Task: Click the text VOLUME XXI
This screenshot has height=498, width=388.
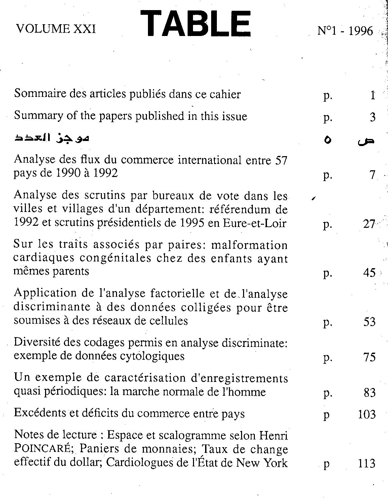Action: click(x=56, y=29)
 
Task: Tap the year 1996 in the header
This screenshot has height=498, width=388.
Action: click(x=360, y=31)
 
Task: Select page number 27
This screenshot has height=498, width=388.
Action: click(x=369, y=224)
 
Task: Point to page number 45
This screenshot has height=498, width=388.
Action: click(x=369, y=273)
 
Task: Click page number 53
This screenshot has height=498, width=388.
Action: click(x=369, y=322)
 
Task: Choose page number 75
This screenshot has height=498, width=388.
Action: click(x=369, y=357)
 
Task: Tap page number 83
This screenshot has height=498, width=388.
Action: click(x=369, y=393)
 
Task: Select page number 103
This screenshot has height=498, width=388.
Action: click(x=366, y=414)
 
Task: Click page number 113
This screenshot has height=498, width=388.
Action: click(x=366, y=464)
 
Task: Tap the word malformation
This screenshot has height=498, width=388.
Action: click(x=249, y=245)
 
